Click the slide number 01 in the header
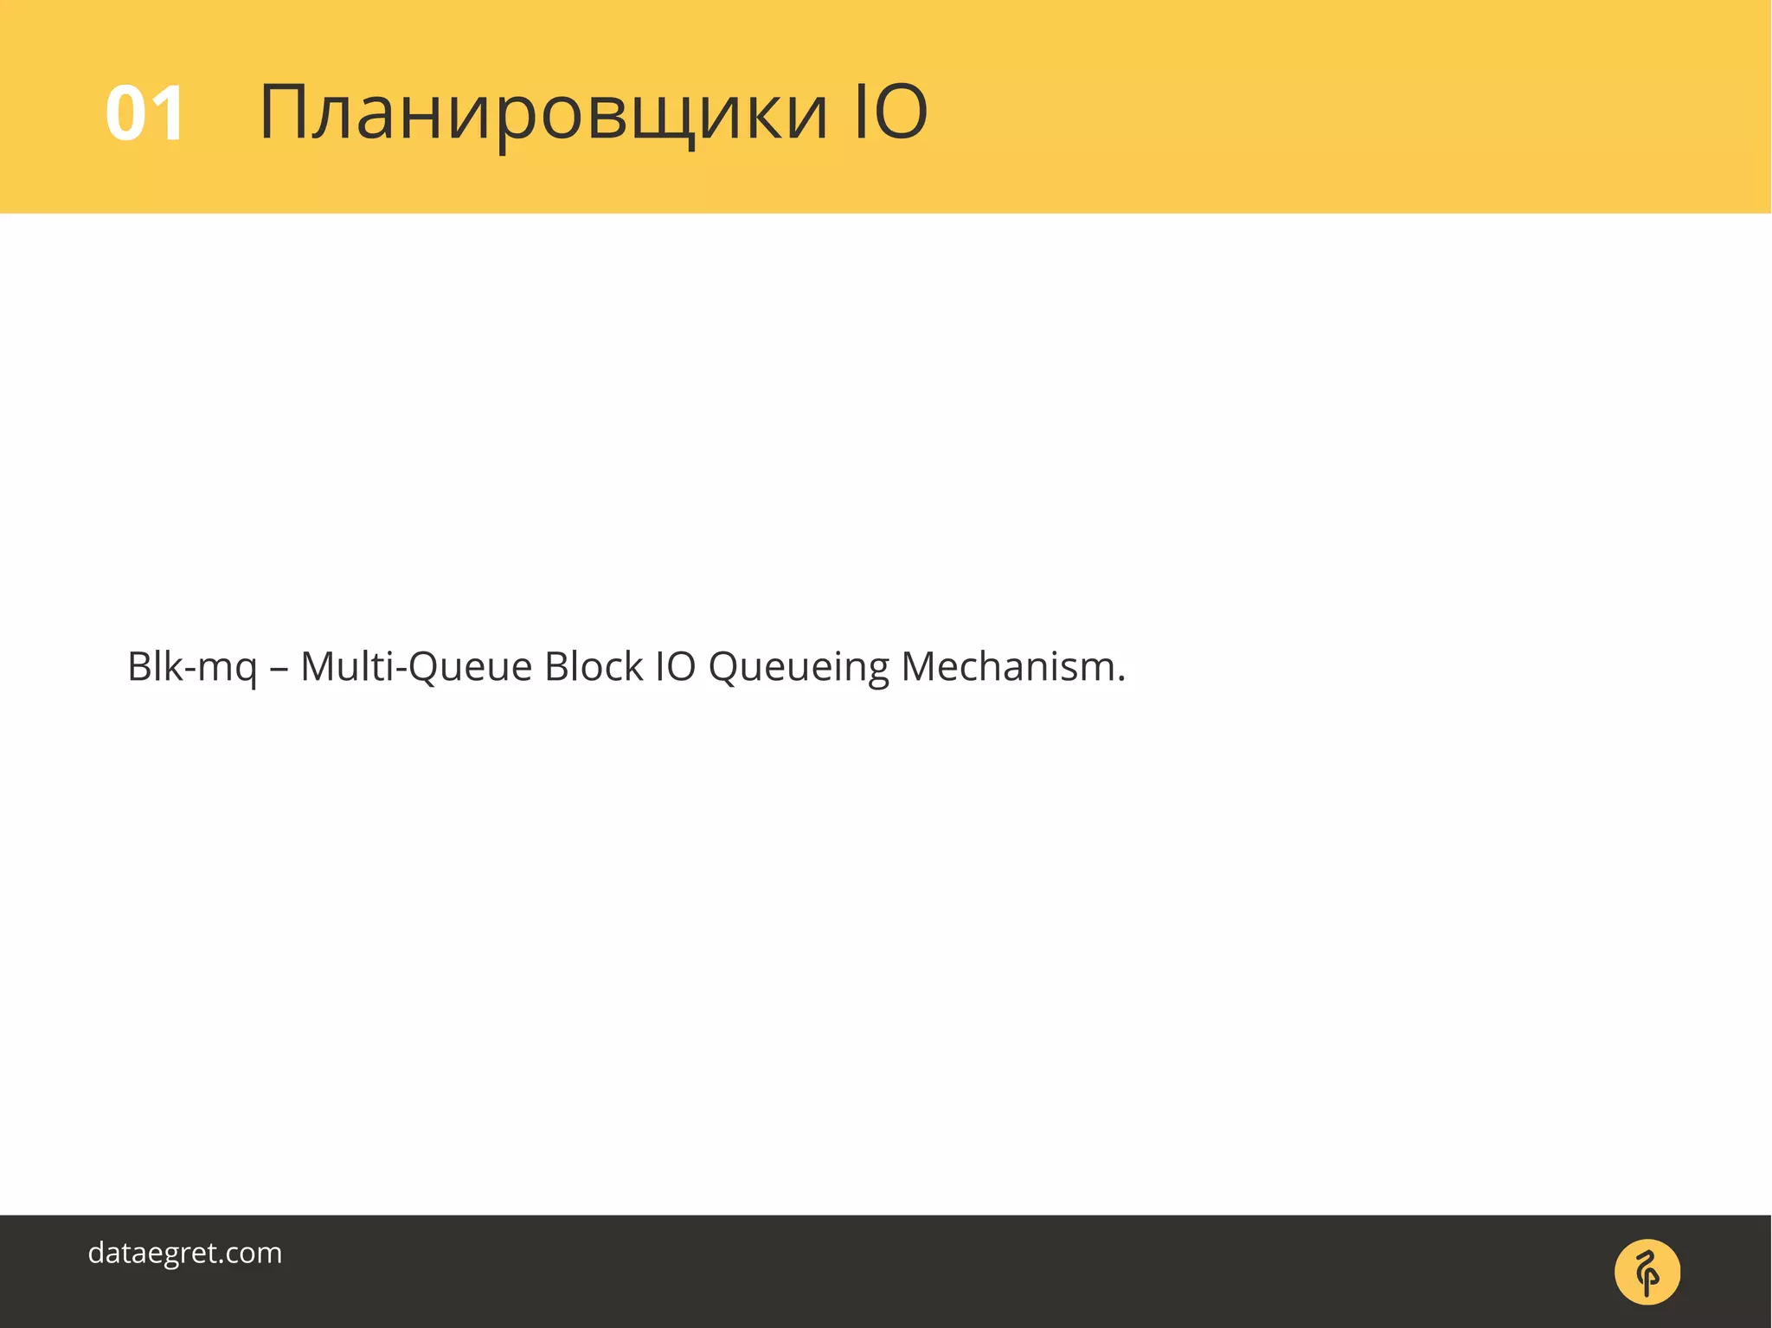tap(144, 113)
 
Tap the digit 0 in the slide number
tap(125, 113)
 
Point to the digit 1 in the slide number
tap(166, 113)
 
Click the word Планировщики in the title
tap(543, 113)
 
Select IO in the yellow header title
tap(890, 112)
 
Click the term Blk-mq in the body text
tap(192, 667)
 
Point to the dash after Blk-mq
tap(279, 669)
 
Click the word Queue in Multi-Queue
tap(470, 667)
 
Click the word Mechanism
tap(1008, 666)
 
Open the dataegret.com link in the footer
tap(185, 1253)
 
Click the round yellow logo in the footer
tap(1647, 1272)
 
